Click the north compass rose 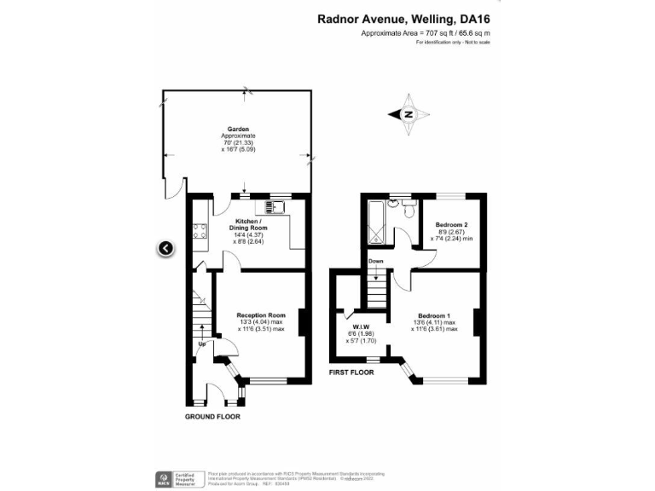click(x=408, y=114)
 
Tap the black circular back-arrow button click(x=165, y=248)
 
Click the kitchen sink click(x=276, y=205)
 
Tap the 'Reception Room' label click(x=260, y=315)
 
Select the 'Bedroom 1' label click(x=434, y=315)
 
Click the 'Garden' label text click(x=237, y=130)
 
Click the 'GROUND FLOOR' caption click(x=212, y=417)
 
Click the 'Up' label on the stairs click(x=202, y=344)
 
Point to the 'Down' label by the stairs click(x=375, y=262)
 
